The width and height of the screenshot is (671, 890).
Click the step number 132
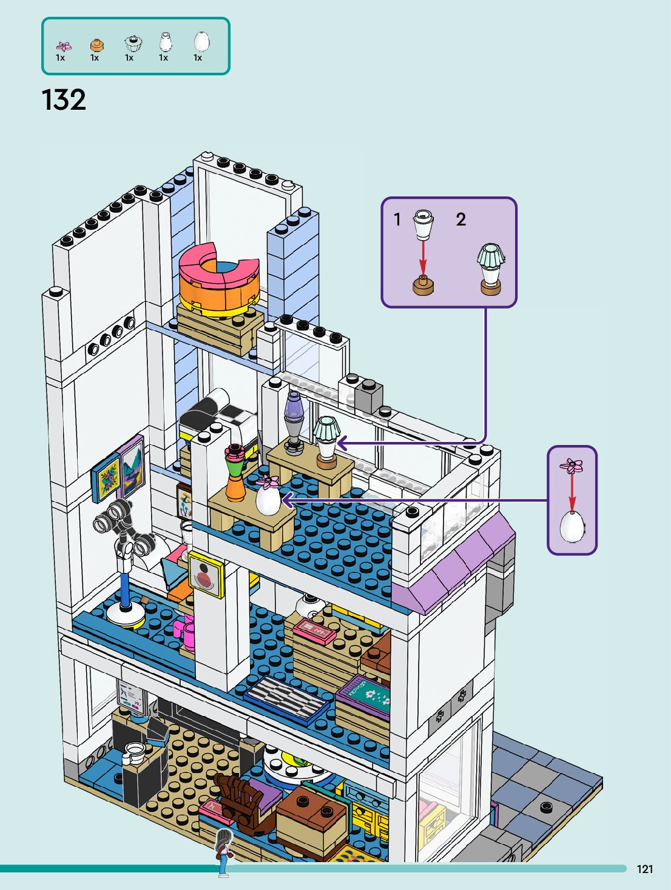(64, 100)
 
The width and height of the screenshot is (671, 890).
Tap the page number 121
(645, 869)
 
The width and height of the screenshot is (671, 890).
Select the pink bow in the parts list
(63, 46)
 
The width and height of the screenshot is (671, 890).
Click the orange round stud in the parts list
(96, 45)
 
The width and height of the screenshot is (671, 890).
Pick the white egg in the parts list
(201, 42)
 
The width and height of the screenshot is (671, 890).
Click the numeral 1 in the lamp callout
(397, 219)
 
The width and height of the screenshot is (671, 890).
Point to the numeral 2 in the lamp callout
(461, 219)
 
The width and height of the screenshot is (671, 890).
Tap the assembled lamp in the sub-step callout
(491, 269)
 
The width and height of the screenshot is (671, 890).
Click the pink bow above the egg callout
(572, 466)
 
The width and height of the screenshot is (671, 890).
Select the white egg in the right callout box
(572, 526)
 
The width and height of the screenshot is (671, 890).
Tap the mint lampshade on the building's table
(326, 429)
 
